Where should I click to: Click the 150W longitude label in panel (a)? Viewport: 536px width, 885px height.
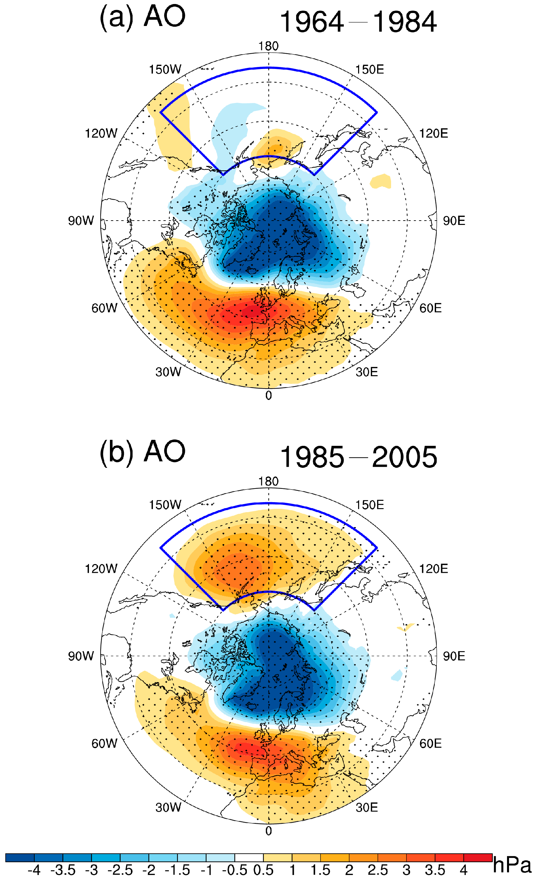pos(165,69)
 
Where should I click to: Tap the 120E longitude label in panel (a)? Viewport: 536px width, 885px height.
pos(433,133)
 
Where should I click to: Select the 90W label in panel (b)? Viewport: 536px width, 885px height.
pos(81,656)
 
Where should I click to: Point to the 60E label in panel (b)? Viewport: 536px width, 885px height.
pos(430,743)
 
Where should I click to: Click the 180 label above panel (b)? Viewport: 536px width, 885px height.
pos(268,481)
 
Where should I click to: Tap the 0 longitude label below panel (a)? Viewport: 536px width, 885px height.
pos(268,396)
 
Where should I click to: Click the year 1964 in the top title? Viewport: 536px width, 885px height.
pos(311,22)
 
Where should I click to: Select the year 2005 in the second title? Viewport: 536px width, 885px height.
pos(405,457)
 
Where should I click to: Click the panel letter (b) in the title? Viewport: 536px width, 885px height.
pos(116,452)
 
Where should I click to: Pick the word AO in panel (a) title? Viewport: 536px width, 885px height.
pos(165,17)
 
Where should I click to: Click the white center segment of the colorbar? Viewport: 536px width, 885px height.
pos(249,858)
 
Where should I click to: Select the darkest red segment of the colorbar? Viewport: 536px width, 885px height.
pos(477,858)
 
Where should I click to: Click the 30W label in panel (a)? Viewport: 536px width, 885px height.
pos(168,372)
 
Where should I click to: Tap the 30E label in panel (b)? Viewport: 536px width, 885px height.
pos(366,807)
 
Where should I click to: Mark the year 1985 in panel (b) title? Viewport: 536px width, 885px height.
pos(311,457)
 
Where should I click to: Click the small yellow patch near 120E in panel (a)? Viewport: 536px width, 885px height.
pos(380,181)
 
